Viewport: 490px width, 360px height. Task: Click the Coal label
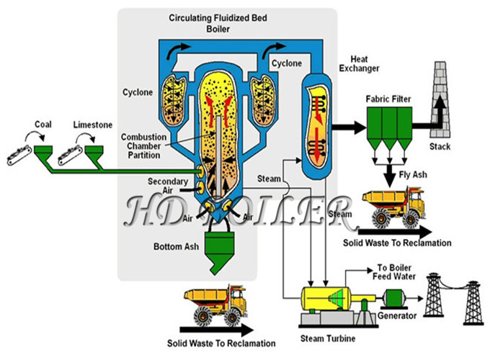tap(43, 125)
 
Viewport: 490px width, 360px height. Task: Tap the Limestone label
tap(93, 125)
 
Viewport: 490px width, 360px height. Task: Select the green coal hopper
tap(43, 152)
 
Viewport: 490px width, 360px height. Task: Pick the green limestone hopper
tap(94, 152)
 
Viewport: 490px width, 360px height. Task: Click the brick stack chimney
tap(440, 100)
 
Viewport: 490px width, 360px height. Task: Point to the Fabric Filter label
tap(388, 99)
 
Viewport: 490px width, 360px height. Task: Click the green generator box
tap(394, 299)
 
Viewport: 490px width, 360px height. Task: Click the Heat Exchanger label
tap(359, 63)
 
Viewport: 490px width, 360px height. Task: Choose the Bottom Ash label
tap(176, 247)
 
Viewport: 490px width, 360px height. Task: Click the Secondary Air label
tap(168, 186)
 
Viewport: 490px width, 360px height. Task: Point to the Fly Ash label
tap(413, 174)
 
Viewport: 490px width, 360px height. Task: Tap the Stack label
tap(440, 146)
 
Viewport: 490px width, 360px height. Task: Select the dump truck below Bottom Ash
tap(215, 305)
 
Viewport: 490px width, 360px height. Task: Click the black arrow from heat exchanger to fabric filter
tap(349, 127)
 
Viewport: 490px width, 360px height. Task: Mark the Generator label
tap(397, 315)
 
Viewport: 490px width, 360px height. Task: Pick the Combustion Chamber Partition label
tap(143, 146)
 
